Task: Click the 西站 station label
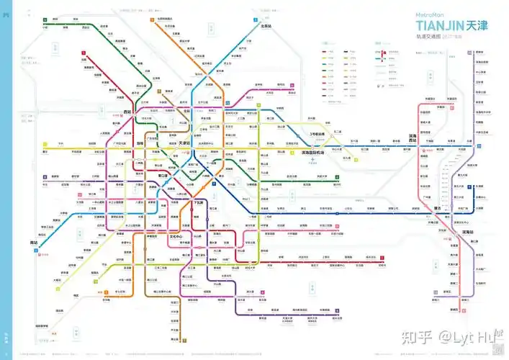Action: point(128,112)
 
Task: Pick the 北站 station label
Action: point(186,112)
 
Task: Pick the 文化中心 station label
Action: point(176,236)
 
